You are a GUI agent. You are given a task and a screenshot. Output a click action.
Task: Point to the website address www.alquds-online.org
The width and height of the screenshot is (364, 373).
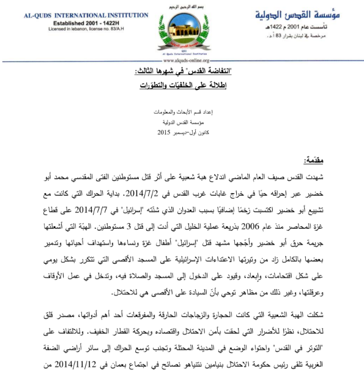pyautogui.click(x=182, y=61)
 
